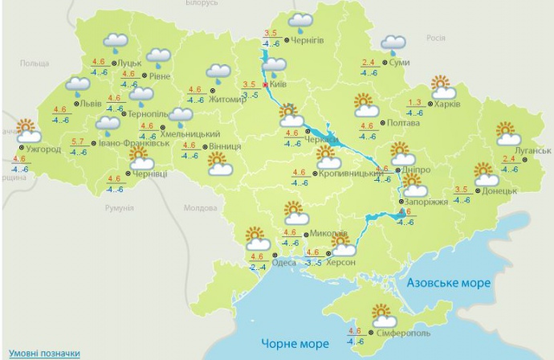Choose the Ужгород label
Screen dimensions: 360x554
tap(43, 149)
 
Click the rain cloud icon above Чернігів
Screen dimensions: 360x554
tap(301, 21)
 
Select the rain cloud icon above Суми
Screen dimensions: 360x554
tap(393, 43)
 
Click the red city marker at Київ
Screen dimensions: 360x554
tap(265, 84)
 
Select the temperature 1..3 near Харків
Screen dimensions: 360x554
tap(415, 102)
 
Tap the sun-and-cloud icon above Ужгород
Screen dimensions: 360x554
tap(26, 129)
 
